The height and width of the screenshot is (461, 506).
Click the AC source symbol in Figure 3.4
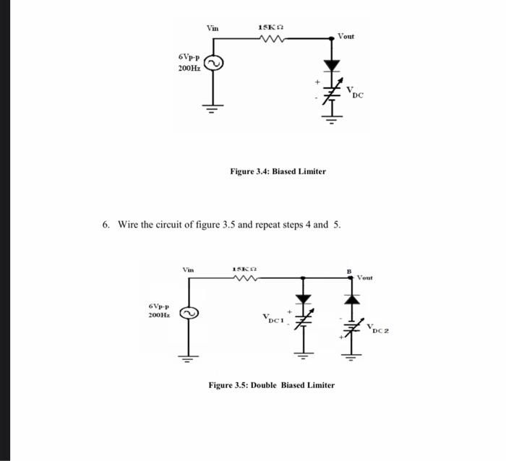click(213, 64)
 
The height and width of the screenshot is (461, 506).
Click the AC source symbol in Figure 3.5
click(190, 314)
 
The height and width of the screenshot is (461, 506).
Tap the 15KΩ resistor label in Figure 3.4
click(270, 27)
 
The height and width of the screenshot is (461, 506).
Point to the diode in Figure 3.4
click(332, 66)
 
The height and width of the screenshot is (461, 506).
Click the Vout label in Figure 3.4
click(346, 35)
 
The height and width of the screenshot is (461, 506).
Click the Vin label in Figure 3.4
click(213, 28)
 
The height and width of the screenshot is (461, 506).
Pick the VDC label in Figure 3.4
click(354, 92)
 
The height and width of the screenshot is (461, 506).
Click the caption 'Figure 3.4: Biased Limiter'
click(278, 171)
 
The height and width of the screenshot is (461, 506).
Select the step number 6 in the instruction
click(106, 225)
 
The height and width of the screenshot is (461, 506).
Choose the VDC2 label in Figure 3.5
click(377, 329)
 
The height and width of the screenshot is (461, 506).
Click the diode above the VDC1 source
click(303, 298)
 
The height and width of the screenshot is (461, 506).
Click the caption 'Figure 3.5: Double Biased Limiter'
click(271, 385)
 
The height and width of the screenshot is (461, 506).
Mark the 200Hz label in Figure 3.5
click(158, 316)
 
